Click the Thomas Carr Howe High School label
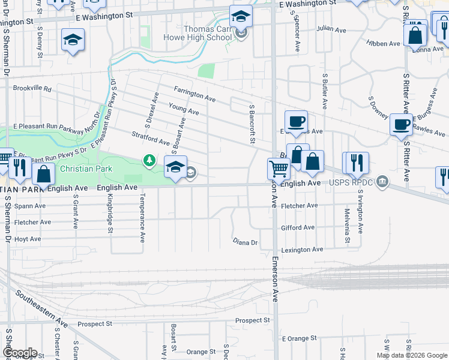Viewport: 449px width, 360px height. point(197,32)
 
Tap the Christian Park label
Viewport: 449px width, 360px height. point(86,169)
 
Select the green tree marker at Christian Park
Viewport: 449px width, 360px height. point(149,161)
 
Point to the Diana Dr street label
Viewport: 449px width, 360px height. point(245,242)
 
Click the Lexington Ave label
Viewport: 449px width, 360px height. point(302,249)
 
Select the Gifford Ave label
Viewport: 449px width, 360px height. point(298,228)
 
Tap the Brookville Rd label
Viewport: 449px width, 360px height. point(32,88)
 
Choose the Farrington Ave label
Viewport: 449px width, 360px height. point(194,93)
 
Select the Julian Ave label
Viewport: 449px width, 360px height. point(333,28)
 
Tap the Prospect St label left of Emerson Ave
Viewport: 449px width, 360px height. point(253,320)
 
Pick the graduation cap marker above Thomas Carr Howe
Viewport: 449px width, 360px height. point(241,16)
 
